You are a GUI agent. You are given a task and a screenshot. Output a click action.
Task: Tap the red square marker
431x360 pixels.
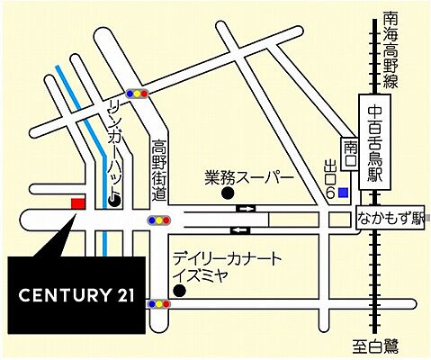click(77, 203)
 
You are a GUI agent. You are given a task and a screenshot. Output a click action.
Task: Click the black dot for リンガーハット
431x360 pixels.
click(114, 202)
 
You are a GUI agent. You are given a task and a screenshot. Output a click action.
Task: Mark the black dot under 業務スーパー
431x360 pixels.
click(228, 192)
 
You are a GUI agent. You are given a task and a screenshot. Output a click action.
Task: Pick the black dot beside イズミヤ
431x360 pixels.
click(179, 291)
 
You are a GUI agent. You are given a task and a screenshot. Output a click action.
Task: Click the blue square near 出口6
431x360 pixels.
click(343, 166)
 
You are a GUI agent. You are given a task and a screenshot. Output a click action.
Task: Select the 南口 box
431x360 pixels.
click(350, 147)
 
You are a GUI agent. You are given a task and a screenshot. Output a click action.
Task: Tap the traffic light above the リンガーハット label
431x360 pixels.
click(137, 92)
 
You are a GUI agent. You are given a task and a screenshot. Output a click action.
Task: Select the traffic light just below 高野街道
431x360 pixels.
click(160, 220)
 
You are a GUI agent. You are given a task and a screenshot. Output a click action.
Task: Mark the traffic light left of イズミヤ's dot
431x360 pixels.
click(160, 304)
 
